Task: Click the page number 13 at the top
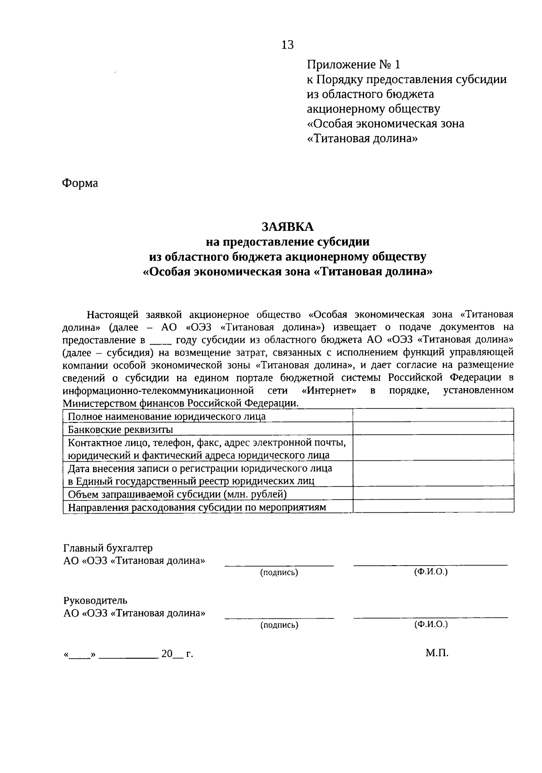tap(287, 45)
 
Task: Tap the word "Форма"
tap(80, 183)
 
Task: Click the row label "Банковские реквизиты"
tap(120, 429)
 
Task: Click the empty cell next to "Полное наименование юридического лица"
tap(433, 416)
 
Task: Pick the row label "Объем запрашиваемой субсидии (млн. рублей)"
tap(177, 494)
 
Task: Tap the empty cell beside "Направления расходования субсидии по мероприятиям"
tap(433, 506)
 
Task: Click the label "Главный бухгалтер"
tap(108, 548)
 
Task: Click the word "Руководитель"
tap(95, 600)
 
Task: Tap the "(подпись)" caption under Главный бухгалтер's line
tap(279, 572)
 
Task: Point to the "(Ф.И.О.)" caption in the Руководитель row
tap(430, 624)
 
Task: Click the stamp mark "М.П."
tap(436, 653)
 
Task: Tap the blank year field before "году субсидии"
tap(161, 340)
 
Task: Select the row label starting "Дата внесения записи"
tap(200, 474)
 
